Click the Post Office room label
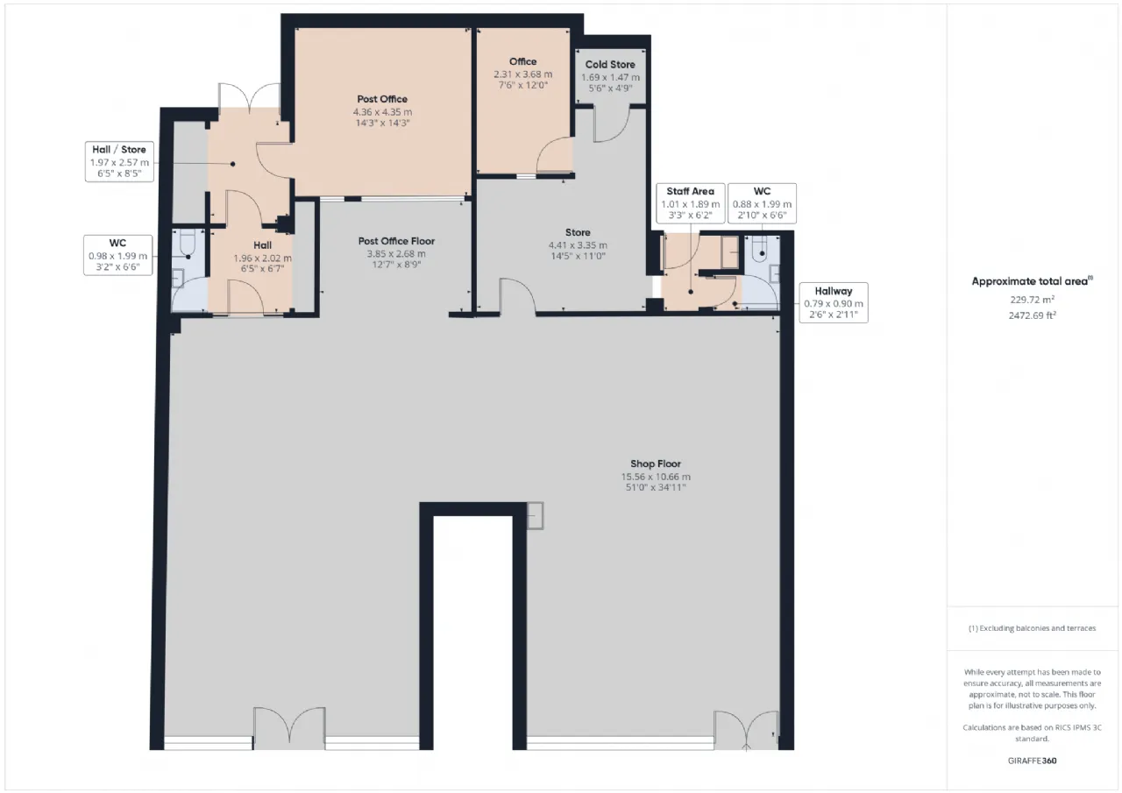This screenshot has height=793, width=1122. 382,99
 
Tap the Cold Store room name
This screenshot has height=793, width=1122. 610,65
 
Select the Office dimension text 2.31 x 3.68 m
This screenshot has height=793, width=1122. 523,74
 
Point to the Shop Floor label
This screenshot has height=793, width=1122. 656,464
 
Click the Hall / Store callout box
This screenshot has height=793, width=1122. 119,162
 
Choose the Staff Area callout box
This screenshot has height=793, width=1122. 690,203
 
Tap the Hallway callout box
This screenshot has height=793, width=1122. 834,302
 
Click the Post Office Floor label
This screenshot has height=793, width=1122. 396,241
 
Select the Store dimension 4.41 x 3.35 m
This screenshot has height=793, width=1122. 578,245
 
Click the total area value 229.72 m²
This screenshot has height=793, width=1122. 1032,300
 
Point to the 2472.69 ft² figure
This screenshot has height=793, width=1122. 1032,315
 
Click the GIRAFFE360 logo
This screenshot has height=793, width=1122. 1032,761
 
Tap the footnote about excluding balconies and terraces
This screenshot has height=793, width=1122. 1032,627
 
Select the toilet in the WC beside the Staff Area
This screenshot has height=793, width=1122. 760,247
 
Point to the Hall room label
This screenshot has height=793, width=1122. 262,245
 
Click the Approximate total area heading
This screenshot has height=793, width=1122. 1032,281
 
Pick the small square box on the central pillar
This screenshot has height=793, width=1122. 535,515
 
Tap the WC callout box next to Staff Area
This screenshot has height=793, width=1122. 762,203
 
